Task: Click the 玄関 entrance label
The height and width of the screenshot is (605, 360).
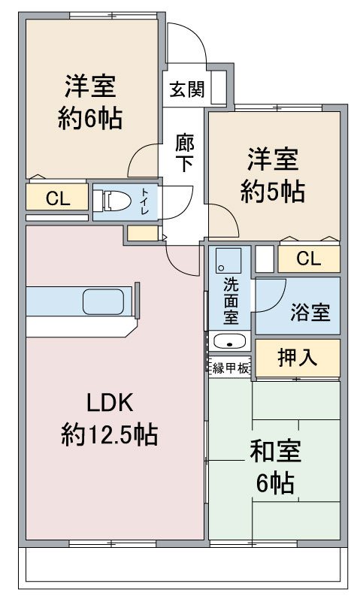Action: pos(186,89)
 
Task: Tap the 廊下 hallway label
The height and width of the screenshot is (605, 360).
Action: pos(185,153)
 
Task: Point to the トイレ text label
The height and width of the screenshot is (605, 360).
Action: pos(145,201)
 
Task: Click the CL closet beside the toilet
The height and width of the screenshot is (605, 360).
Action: pos(57,197)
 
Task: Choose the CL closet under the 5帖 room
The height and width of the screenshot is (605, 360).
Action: pos(309,259)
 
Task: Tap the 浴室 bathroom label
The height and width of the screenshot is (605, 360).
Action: pos(310,312)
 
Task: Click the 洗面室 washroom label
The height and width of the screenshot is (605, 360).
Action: pos(231,301)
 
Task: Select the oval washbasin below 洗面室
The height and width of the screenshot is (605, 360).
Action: pos(229,341)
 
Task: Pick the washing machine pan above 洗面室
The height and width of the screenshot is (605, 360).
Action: pos(228,261)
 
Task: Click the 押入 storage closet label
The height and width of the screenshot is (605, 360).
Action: pos(298,358)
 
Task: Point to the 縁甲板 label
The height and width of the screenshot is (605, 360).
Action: pos(231,368)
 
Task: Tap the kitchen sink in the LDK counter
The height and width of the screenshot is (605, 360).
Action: pos(104,301)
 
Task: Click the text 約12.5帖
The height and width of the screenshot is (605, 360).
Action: pos(110,434)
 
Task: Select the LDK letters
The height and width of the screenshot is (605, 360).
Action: pos(110,402)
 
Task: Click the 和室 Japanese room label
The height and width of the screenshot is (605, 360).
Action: pos(276,452)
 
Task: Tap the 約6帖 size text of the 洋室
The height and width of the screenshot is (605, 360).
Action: pos(90,118)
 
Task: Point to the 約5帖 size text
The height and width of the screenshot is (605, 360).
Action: pos(273,191)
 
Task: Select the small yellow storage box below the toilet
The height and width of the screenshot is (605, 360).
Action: pos(143,234)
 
